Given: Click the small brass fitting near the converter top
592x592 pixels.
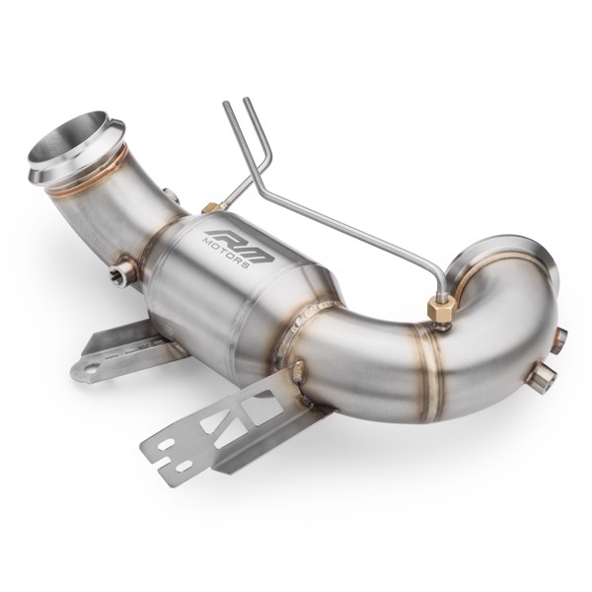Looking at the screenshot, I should click(x=210, y=208).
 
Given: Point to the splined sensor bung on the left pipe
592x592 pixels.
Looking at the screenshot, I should click(x=122, y=269).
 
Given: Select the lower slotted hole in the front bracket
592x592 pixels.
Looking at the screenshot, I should click(x=184, y=464).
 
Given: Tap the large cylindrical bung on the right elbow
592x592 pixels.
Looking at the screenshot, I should click(x=541, y=378).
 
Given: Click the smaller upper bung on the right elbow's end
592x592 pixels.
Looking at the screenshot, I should click(x=558, y=341).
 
